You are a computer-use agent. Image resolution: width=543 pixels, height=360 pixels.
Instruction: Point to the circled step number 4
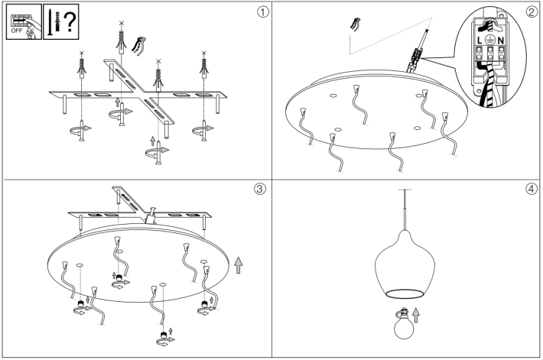(x=532, y=190)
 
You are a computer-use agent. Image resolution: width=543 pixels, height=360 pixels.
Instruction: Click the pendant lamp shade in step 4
(x=401, y=263)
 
